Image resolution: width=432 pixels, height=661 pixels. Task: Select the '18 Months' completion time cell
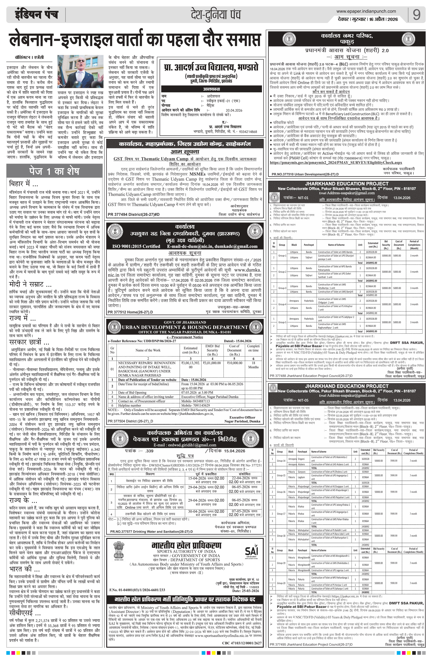(253, 365)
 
